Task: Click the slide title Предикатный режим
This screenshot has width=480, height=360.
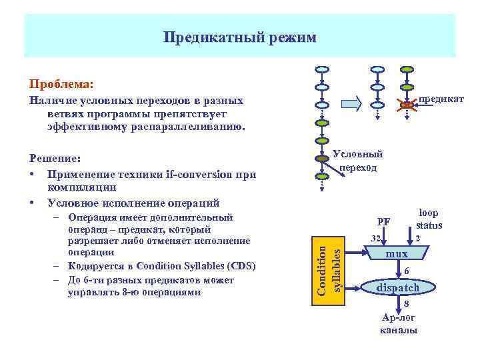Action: (x=240, y=37)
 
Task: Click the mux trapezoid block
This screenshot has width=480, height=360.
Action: (x=397, y=254)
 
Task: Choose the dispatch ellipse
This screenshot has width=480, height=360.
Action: (x=399, y=287)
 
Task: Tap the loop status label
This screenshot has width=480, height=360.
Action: (x=429, y=219)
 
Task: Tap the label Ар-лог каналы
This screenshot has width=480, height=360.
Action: (x=399, y=323)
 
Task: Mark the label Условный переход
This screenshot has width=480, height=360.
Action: (x=358, y=161)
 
